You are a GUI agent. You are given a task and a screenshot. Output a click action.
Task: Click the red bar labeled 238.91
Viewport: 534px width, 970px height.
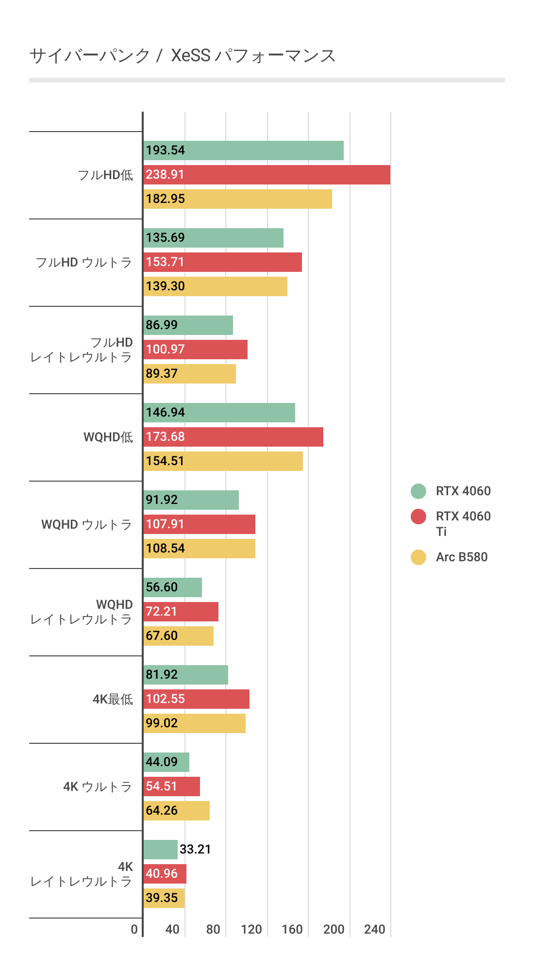[x=267, y=175]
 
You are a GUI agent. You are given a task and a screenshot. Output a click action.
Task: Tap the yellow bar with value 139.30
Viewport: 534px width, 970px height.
[x=216, y=286]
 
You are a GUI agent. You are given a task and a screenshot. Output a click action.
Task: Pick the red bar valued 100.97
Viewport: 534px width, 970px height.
[x=196, y=350]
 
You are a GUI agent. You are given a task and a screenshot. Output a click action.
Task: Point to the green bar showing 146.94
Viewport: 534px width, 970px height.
[x=219, y=413]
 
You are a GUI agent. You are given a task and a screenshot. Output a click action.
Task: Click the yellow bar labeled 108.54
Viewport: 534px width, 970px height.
[x=200, y=549]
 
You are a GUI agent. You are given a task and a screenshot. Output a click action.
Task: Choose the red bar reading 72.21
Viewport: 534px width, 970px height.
[x=181, y=612]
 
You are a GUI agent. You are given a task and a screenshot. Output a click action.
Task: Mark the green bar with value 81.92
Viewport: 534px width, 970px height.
[x=186, y=675]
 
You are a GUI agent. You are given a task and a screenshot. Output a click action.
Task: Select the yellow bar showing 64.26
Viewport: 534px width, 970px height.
[x=177, y=811]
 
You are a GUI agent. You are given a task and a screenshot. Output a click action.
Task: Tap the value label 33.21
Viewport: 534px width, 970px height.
[x=195, y=849]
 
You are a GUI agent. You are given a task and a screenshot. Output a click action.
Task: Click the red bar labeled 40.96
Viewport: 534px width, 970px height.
[x=165, y=874]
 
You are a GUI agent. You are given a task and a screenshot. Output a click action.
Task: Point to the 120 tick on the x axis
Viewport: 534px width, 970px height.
[x=251, y=929]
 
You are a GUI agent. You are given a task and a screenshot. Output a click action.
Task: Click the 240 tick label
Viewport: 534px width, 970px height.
[x=375, y=929]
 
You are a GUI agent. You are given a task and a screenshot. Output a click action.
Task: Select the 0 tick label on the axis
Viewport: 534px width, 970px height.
[x=134, y=929]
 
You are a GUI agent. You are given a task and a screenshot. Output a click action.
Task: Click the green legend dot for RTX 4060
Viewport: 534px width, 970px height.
[x=418, y=491]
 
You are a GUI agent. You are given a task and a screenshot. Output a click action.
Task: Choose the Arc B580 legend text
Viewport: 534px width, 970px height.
[x=462, y=557]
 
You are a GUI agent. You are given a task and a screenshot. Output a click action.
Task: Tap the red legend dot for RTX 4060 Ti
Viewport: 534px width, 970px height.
[x=418, y=517]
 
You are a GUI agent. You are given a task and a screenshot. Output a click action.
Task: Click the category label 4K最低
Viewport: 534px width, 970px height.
[x=113, y=699]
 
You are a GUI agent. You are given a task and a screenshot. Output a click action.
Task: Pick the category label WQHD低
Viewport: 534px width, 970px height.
[x=108, y=437]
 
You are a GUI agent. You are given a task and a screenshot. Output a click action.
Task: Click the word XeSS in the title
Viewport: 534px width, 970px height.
[x=191, y=56]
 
